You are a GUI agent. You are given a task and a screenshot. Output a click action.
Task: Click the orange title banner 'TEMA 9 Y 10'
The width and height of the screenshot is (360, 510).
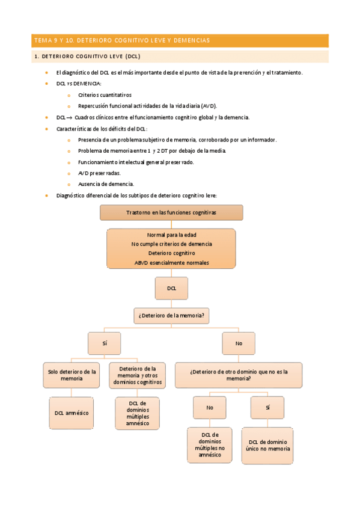click(180, 40)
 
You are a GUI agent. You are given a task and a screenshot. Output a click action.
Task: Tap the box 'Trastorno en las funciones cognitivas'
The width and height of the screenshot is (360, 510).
click(171, 213)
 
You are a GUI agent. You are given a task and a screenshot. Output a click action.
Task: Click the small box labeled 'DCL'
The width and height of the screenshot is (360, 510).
click(171, 289)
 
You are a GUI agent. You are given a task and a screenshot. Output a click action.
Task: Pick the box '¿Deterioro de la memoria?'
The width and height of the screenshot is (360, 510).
click(171, 315)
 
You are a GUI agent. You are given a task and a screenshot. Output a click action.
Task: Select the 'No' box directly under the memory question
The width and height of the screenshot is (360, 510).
click(239, 343)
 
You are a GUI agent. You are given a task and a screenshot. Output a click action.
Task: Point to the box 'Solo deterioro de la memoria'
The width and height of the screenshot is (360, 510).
click(72, 375)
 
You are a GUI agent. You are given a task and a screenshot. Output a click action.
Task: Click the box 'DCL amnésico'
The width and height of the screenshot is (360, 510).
click(72, 413)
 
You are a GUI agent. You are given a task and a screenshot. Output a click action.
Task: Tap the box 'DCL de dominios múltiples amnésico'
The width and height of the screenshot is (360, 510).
click(137, 413)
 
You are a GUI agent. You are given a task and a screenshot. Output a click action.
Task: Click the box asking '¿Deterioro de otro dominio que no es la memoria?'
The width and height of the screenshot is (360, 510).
click(239, 375)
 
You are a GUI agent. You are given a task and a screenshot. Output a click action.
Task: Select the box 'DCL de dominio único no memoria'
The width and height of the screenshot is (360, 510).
click(267, 445)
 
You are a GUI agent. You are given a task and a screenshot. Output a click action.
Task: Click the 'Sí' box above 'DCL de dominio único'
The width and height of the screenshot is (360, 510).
click(267, 407)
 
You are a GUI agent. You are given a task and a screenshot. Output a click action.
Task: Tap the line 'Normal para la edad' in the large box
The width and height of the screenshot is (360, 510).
click(171, 235)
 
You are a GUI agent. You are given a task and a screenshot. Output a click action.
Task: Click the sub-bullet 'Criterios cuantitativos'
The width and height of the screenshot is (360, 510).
click(105, 95)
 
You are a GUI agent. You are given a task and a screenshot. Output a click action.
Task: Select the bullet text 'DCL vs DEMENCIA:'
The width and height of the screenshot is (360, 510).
click(79, 84)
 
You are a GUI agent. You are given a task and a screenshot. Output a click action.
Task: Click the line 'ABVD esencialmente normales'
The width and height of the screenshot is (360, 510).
click(171, 263)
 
